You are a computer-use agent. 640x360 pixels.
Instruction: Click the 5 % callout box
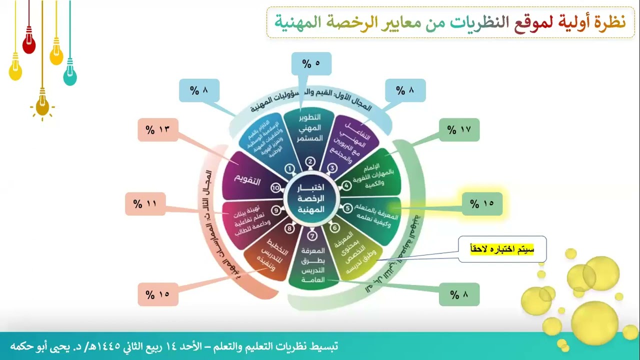(311, 63)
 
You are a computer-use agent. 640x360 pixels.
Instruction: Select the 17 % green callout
(459, 130)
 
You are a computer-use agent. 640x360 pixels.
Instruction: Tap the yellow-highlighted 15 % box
(481, 203)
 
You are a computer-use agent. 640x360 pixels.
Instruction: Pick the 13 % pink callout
(158, 130)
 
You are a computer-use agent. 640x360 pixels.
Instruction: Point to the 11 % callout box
(145, 204)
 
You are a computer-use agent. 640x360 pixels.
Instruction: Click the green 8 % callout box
(459, 294)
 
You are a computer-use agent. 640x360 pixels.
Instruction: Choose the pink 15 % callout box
(158, 294)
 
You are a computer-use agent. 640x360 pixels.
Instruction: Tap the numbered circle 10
(275, 187)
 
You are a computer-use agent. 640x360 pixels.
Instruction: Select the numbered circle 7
(312, 236)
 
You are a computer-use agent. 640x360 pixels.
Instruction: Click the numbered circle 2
(310, 161)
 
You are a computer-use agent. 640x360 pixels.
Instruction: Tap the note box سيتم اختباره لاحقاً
(502, 249)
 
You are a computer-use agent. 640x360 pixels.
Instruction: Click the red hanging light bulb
(29, 45)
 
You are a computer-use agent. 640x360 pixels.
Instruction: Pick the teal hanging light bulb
(70, 76)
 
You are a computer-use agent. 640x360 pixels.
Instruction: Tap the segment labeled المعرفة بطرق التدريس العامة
(313, 265)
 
